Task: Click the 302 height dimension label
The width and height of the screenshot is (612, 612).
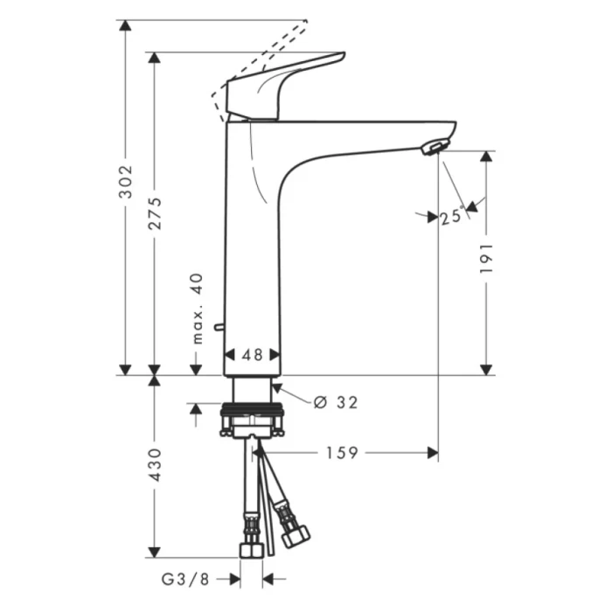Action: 126,180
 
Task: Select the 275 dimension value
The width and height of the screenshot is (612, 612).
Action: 155,212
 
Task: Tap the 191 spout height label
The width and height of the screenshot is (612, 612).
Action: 487,260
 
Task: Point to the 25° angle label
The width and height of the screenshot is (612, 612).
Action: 451,217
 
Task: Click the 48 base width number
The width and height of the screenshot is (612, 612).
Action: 253,355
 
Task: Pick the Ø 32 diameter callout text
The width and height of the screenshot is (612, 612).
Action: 336,402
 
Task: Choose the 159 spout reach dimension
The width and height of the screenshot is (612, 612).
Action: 342,452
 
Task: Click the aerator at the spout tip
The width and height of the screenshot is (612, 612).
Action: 433,147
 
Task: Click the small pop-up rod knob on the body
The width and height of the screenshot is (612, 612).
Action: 219,329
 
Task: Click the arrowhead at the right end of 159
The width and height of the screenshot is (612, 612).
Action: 432,452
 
